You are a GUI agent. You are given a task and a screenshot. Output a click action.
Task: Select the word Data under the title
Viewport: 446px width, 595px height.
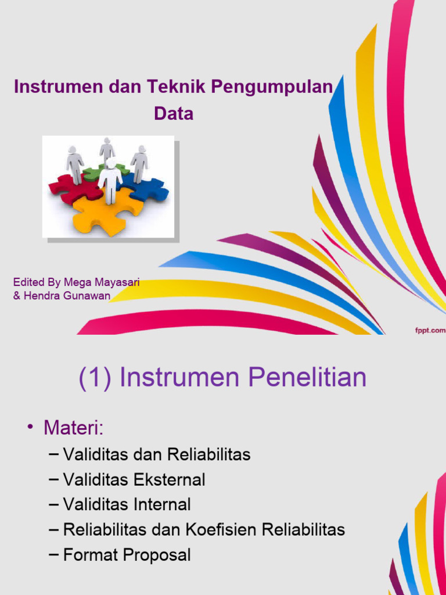point(174,114)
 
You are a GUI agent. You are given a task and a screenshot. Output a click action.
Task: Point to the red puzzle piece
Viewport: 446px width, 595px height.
point(67,187)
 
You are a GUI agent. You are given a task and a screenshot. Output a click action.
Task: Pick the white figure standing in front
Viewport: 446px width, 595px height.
point(110,180)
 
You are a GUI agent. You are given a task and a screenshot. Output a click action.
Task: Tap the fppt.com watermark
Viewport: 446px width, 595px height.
point(430,330)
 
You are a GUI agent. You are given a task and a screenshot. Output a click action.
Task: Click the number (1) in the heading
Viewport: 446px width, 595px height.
point(95,378)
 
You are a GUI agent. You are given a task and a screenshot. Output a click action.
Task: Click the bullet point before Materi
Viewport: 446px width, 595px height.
point(30,429)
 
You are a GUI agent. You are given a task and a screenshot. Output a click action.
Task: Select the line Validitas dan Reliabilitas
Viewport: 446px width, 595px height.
point(157,454)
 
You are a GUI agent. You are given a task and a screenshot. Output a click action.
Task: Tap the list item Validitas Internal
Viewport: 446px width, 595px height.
point(127,505)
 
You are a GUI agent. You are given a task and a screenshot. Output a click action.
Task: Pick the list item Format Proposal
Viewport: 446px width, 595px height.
point(127,555)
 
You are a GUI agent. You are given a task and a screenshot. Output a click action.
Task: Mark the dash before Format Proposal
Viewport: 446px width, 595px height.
point(54,555)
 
